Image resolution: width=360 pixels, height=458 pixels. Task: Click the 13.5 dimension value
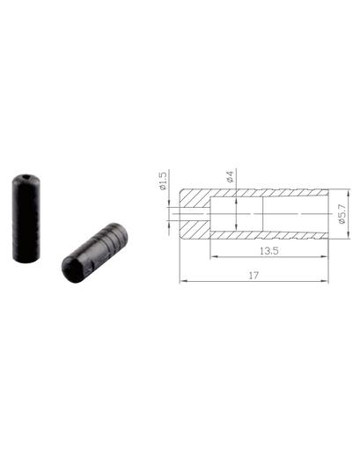(x=269, y=251)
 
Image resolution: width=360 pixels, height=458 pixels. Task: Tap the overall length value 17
(x=253, y=276)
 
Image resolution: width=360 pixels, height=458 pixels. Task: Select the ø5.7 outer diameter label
(x=342, y=214)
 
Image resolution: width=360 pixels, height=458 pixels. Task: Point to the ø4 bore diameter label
(x=231, y=176)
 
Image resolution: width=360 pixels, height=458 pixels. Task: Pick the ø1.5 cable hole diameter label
(x=162, y=181)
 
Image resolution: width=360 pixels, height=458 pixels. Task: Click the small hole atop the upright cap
(x=26, y=177)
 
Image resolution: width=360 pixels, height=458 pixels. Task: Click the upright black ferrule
(x=26, y=218)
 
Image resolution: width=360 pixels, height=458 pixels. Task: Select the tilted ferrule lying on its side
(x=94, y=253)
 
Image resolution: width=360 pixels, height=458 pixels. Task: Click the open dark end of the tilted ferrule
(x=72, y=269)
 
